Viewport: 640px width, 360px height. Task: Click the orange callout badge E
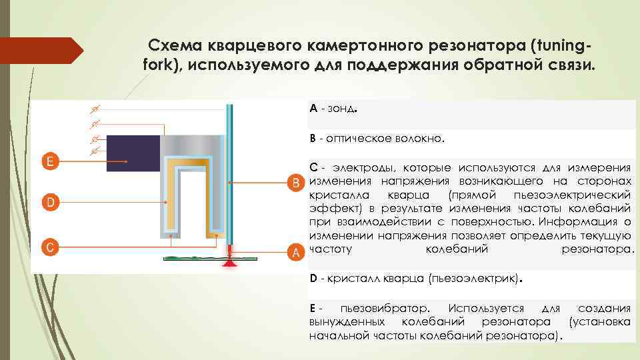tap(49, 161)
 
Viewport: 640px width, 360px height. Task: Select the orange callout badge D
tap(49, 201)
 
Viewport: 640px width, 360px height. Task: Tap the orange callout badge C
tap(49, 246)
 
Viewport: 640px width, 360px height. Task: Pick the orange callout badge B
tap(292, 182)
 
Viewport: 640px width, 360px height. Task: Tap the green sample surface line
tap(193, 257)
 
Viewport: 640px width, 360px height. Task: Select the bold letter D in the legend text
tap(313, 277)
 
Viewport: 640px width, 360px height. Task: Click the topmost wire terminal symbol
tap(96, 109)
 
